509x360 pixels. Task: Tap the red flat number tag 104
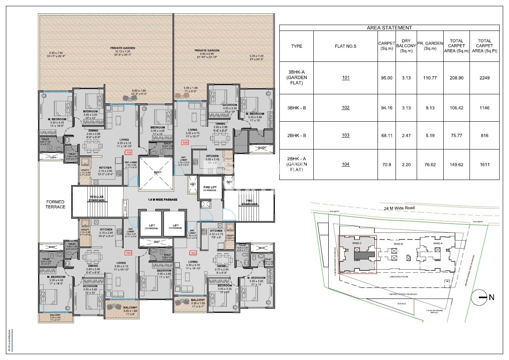pos(185,143)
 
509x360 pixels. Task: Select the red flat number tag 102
pos(128,253)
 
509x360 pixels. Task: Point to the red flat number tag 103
pos(192,253)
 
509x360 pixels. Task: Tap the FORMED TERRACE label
pos(56,204)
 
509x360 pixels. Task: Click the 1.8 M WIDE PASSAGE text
pos(162,200)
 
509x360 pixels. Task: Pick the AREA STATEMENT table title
pos(389,28)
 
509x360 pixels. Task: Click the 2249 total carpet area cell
pos(484,78)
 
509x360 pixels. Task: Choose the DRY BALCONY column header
pos(405,46)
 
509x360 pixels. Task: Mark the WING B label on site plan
pos(398,244)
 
